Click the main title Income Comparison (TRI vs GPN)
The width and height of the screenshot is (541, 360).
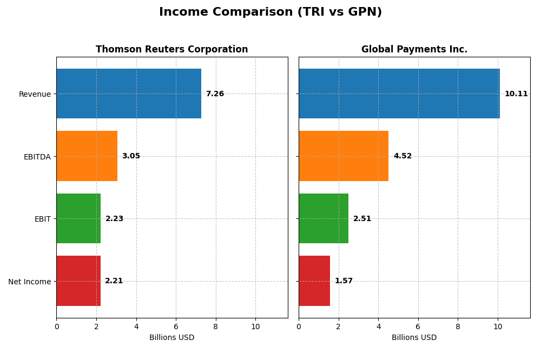[270, 12]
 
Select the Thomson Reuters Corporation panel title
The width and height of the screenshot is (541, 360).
[171, 49]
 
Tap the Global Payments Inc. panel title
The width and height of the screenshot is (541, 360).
[414, 49]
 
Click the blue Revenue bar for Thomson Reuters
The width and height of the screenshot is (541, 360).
[129, 94]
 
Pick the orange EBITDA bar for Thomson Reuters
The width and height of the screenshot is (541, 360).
[87, 156]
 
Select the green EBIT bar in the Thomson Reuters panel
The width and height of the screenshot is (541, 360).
[78, 218]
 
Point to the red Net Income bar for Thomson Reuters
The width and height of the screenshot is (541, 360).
[78, 281]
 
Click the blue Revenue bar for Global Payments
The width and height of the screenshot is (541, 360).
[399, 94]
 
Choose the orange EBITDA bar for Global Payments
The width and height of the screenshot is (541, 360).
[344, 156]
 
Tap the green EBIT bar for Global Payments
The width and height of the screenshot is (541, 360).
[324, 218]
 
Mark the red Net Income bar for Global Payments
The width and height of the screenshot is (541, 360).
[314, 281]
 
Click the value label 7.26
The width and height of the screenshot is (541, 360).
[215, 94]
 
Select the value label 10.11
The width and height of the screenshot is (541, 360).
[516, 94]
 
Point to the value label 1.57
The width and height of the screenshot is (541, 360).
[344, 281]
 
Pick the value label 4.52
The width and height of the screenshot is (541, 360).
[403, 156]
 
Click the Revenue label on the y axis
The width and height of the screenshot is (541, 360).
[35, 94]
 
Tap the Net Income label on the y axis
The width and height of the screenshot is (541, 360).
[29, 282]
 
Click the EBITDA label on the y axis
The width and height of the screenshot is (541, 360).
[37, 157]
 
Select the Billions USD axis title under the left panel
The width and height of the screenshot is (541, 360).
[171, 338]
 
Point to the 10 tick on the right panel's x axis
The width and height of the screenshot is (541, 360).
[498, 326]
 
